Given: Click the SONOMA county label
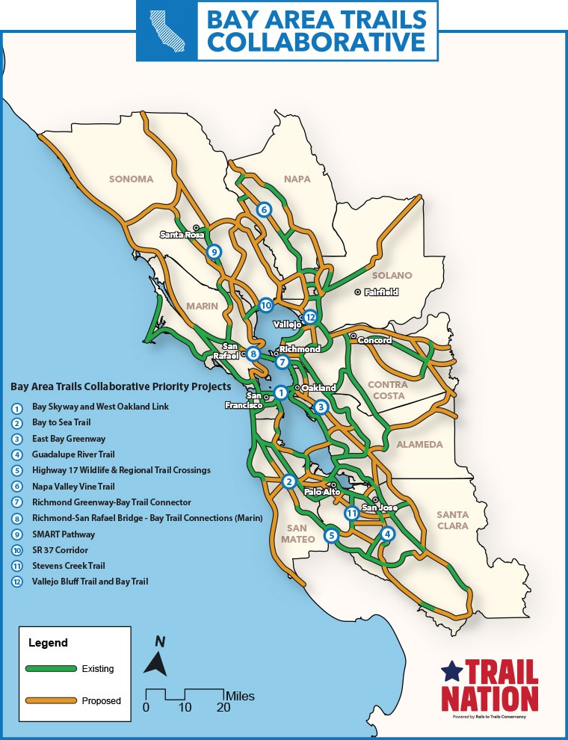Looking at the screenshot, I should (x=131, y=179).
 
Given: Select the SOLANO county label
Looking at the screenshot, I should (x=392, y=275).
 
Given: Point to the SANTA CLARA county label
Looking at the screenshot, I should (x=452, y=519).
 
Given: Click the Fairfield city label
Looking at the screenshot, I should (x=381, y=292).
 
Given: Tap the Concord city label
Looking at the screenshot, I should (x=374, y=340).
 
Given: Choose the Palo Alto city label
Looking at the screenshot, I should (x=321, y=492).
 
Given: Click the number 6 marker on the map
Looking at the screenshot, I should (x=264, y=209).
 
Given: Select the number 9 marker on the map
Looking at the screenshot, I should (x=214, y=252).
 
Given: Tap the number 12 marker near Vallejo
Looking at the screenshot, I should (x=310, y=317).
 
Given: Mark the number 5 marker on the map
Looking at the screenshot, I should (x=331, y=534).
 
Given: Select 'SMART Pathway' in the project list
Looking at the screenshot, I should (x=63, y=534).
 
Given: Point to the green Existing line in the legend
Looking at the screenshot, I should (x=51, y=668).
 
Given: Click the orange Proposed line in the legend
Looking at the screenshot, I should (x=51, y=700).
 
